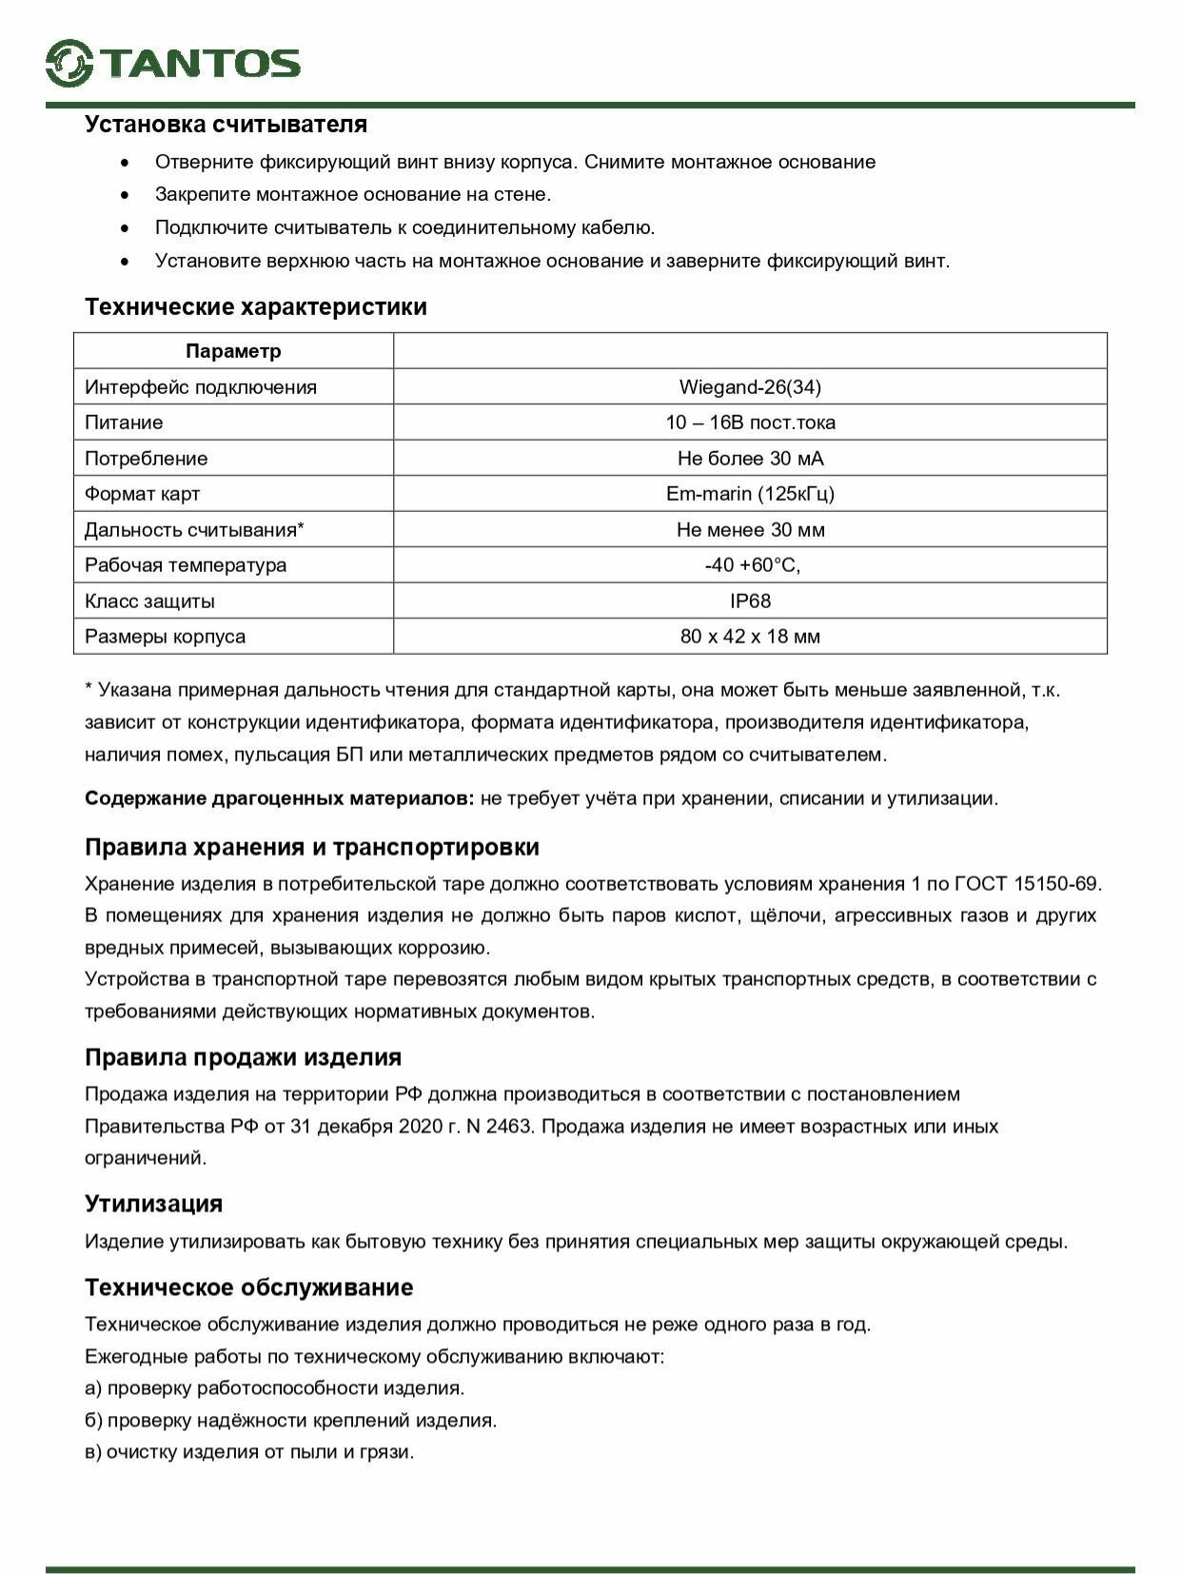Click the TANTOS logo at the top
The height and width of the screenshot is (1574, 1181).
click(173, 63)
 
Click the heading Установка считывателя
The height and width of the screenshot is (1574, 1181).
click(226, 125)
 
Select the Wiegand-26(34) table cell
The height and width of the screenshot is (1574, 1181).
click(750, 387)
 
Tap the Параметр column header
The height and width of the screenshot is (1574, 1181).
click(233, 351)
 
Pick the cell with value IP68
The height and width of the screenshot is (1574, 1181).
click(750, 601)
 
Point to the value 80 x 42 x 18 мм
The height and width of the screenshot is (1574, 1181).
click(750, 637)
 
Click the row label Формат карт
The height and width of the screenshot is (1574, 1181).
click(143, 494)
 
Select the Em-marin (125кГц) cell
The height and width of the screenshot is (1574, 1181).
click(750, 494)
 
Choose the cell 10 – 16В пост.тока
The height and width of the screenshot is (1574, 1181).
click(750, 423)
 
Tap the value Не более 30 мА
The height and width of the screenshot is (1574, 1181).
click(750, 459)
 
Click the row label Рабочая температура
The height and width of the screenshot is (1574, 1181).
click(186, 565)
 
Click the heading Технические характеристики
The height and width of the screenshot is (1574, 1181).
click(256, 307)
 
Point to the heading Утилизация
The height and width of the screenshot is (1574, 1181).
click(153, 1204)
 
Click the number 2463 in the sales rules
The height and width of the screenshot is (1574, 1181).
click(508, 1127)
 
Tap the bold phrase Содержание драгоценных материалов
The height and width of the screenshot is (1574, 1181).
click(279, 798)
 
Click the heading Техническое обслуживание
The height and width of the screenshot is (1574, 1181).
click(249, 1288)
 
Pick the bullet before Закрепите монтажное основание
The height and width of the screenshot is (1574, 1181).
click(124, 195)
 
